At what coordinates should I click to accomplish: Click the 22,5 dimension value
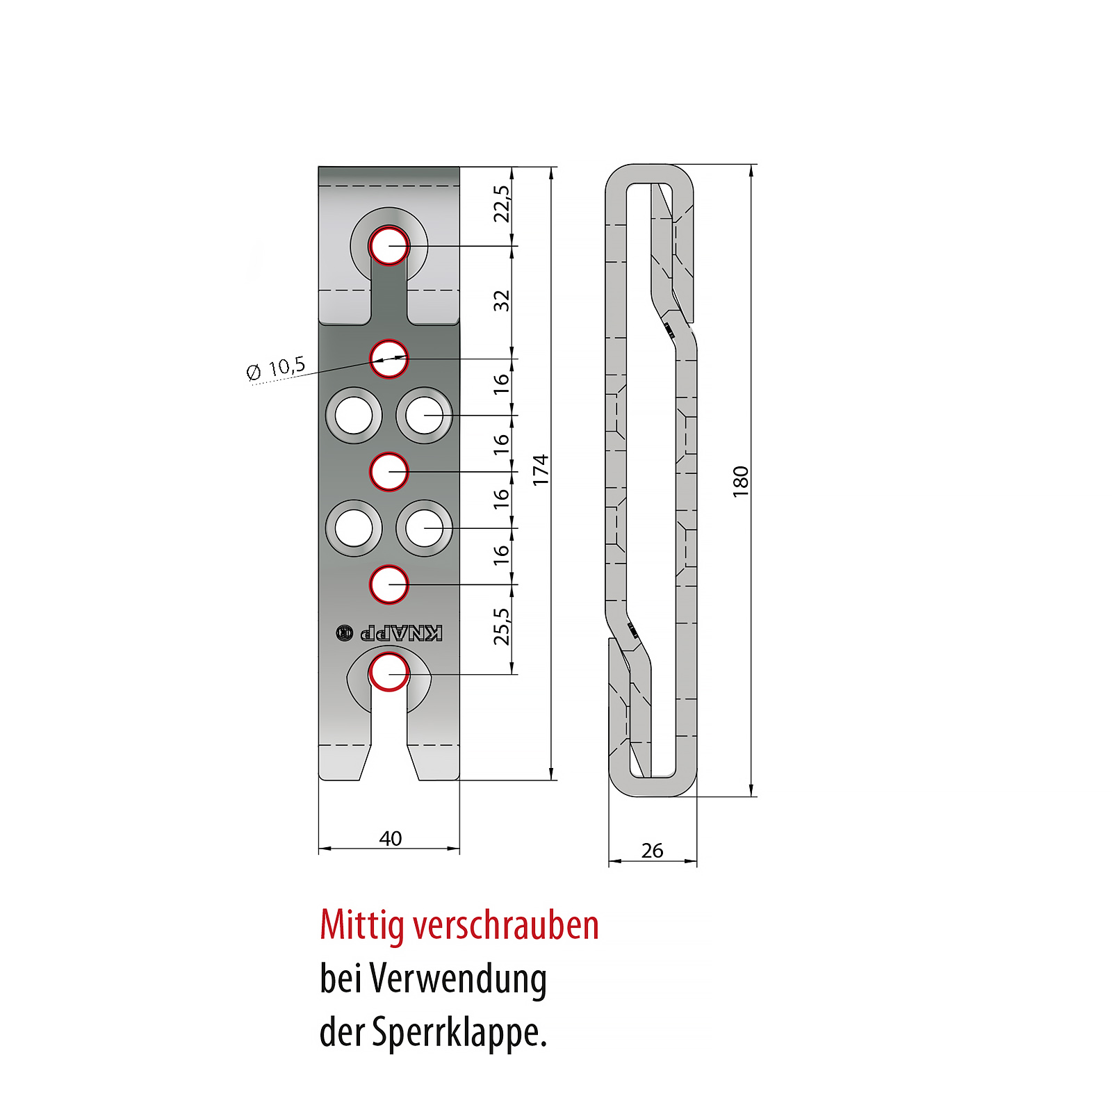pyautogui.click(x=501, y=204)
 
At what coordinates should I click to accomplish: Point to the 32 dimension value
pyautogui.click(x=501, y=301)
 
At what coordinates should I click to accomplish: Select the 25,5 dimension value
pyautogui.click(x=501, y=626)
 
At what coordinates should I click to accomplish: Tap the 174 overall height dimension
pyautogui.click(x=540, y=470)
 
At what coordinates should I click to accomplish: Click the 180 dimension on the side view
pyautogui.click(x=740, y=482)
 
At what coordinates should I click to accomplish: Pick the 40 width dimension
pyautogui.click(x=390, y=838)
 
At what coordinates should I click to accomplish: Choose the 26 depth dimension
pyautogui.click(x=652, y=850)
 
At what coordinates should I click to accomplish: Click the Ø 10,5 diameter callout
pyautogui.click(x=276, y=368)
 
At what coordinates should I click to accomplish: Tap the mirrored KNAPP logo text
pyautogui.click(x=400, y=633)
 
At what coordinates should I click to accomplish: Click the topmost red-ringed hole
pyautogui.click(x=389, y=246)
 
